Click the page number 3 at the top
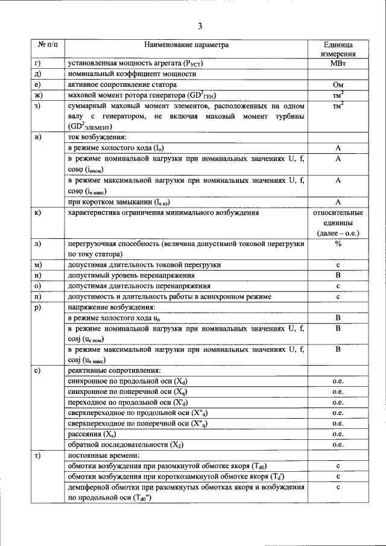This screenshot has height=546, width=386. pos(200,25)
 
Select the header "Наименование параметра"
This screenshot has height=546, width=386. pos(186,45)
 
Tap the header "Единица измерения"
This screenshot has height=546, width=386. pos(338,49)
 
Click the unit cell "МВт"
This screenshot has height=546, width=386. pos(338,64)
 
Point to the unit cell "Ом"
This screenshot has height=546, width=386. pos(338,85)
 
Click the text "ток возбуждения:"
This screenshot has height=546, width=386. pos(97,138)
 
